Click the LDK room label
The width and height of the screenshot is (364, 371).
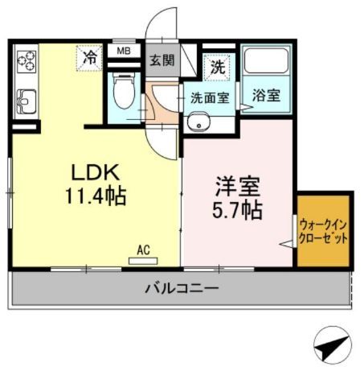click(96, 171)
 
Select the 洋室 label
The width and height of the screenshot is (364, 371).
click(236, 188)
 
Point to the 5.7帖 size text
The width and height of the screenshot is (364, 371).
click(236, 211)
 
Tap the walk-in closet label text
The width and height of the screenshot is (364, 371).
click(324, 233)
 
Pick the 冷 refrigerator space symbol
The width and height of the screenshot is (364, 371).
click(91, 57)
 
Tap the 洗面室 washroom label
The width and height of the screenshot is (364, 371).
click(209, 99)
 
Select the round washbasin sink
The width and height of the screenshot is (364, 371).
click(198, 123)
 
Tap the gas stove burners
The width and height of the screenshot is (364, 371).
click(26, 60)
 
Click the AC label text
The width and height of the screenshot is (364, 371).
click(144, 250)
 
